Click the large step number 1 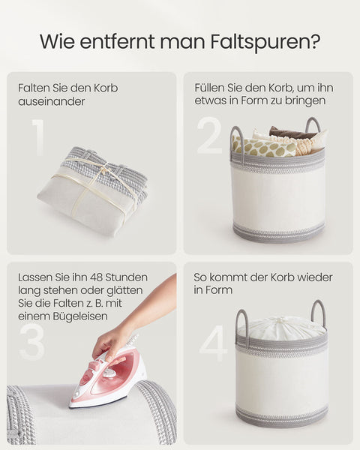click(x=37, y=137)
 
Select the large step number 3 click(x=32, y=341)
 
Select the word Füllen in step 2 click(x=211, y=88)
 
